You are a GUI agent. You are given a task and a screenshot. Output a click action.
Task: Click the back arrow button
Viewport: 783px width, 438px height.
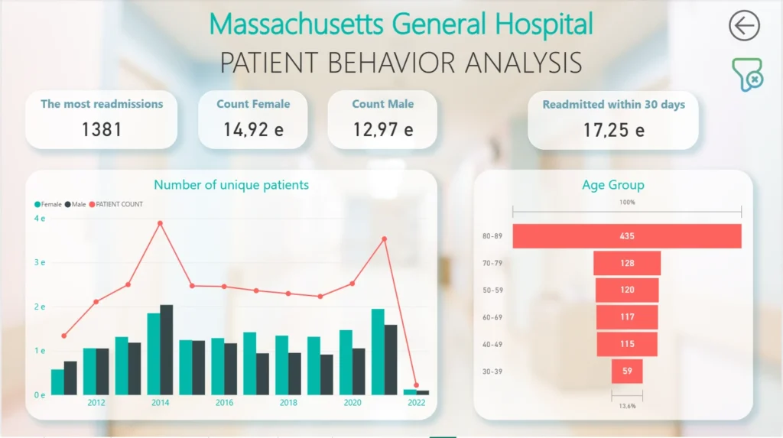click(x=743, y=25)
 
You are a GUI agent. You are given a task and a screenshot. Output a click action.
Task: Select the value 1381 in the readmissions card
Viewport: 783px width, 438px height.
click(x=102, y=129)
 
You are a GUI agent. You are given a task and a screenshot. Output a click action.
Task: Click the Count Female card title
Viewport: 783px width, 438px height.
click(x=253, y=104)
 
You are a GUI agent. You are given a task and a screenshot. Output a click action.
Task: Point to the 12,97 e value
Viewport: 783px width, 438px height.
click(x=383, y=129)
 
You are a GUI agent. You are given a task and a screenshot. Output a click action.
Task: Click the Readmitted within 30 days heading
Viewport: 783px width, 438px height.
click(x=613, y=105)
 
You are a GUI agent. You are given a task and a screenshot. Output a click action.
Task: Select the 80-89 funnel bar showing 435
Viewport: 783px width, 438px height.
click(x=627, y=236)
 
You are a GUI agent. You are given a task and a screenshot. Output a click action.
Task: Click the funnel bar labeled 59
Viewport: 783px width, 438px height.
click(x=627, y=371)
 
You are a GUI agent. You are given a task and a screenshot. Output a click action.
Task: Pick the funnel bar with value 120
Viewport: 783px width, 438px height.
click(x=627, y=290)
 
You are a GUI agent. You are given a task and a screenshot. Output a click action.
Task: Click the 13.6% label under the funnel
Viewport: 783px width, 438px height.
click(x=627, y=406)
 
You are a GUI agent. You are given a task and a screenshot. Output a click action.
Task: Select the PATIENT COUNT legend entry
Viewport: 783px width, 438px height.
click(x=119, y=204)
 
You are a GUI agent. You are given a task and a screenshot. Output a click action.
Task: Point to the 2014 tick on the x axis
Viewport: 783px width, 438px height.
click(x=160, y=403)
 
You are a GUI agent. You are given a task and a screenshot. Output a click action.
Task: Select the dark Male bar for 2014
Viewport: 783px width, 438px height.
click(x=167, y=350)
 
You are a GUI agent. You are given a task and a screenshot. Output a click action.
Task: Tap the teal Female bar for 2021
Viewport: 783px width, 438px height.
click(x=378, y=352)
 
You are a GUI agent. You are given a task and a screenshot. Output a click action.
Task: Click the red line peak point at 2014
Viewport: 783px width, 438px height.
click(x=160, y=223)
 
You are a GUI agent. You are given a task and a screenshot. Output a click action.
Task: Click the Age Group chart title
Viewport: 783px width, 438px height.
click(x=613, y=185)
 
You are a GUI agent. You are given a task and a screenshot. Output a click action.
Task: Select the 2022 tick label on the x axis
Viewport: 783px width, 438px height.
click(x=416, y=403)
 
